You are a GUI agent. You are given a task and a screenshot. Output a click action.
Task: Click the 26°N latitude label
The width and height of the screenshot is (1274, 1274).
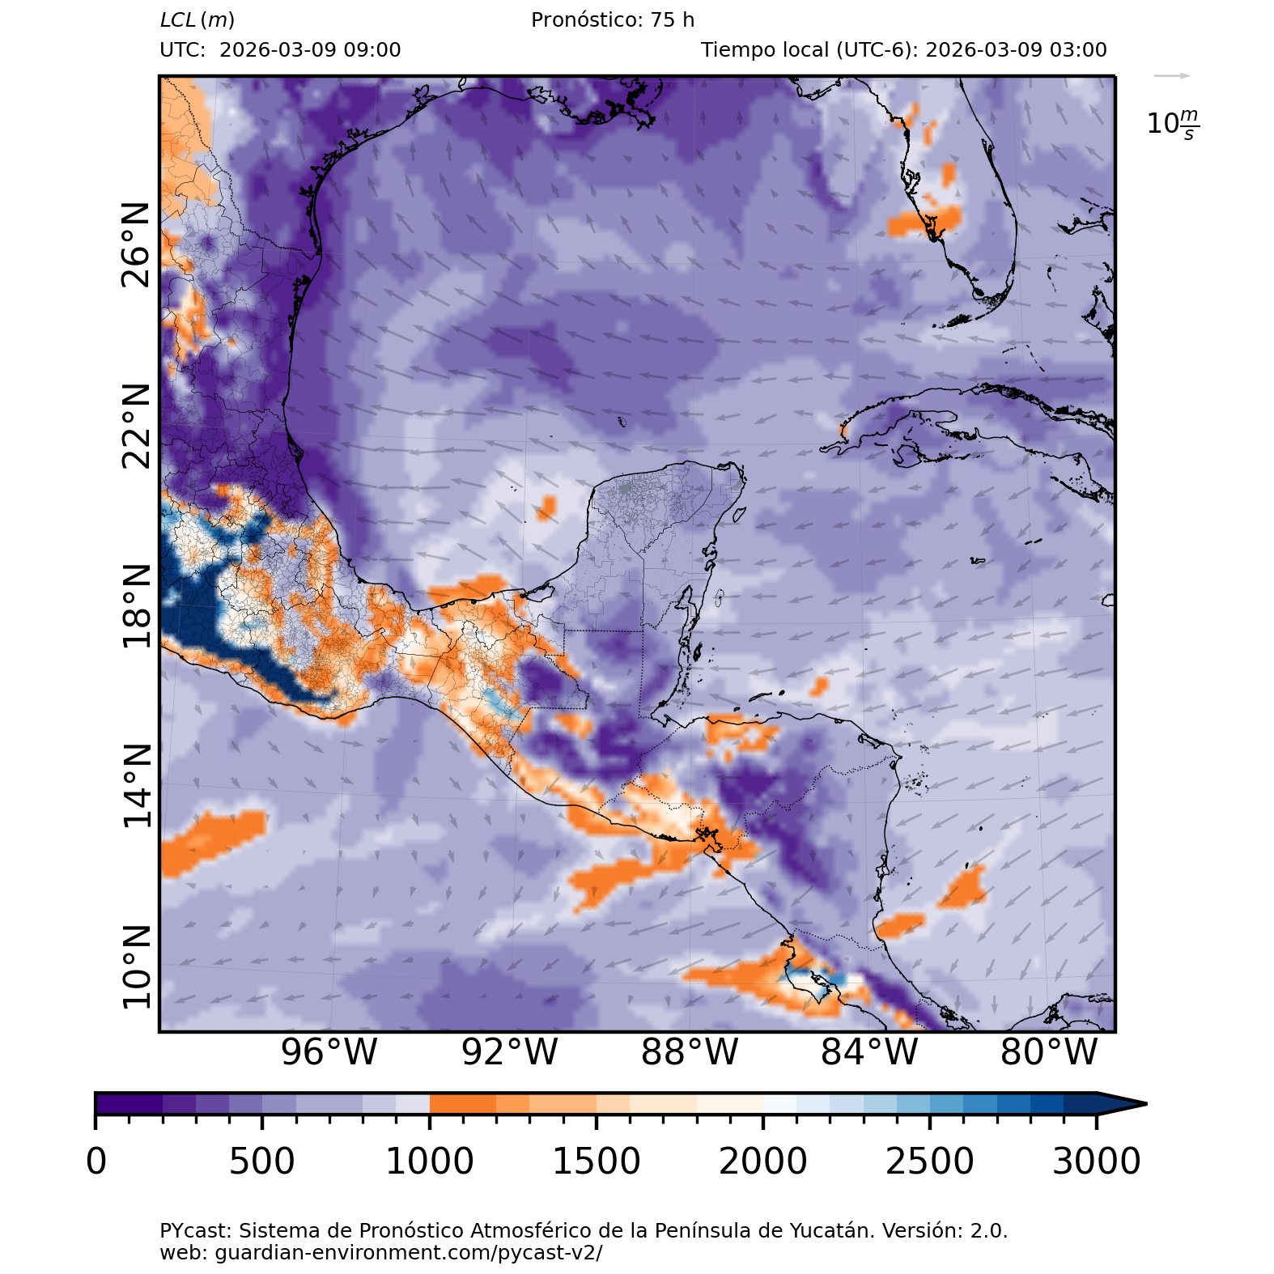point(136,245)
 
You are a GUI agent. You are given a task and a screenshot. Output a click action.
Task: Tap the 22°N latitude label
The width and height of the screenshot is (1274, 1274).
point(136,426)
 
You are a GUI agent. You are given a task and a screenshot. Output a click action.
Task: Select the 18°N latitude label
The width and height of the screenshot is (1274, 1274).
point(136,606)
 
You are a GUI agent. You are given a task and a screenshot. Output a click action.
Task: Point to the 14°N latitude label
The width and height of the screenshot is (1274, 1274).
point(136,786)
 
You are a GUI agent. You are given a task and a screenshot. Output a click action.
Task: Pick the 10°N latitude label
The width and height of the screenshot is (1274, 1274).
point(136,967)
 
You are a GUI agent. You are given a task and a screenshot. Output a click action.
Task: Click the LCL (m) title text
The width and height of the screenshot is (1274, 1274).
point(197,20)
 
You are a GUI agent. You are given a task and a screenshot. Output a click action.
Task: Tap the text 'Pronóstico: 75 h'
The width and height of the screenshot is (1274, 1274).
point(613,20)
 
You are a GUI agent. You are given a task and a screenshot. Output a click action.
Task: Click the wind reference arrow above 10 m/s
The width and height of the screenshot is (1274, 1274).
point(1172,76)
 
